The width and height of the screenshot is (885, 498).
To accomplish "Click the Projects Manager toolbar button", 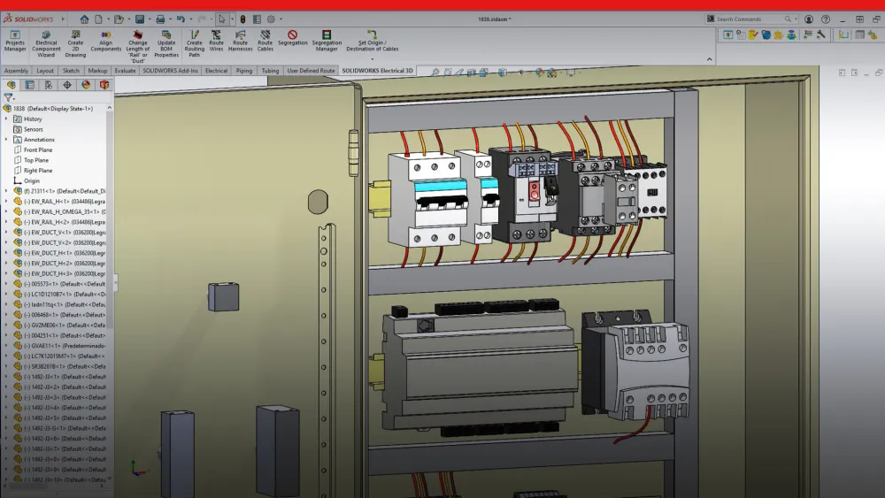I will tap(15, 40).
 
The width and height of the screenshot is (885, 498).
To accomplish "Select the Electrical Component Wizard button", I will tap(46, 40).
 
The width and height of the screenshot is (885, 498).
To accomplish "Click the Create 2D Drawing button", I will tap(75, 40).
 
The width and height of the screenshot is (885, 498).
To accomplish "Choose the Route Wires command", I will tap(216, 40).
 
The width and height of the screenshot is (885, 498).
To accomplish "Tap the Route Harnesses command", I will tap(240, 40).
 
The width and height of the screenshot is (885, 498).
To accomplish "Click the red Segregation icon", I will tap(292, 35).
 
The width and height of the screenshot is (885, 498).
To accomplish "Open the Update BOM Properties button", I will tap(166, 40).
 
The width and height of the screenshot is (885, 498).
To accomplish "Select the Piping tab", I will tap(244, 71).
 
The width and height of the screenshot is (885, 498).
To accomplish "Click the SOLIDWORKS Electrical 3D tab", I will tap(378, 71).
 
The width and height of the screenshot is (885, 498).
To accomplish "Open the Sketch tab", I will tap(71, 71).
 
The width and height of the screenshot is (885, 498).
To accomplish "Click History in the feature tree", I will tap(33, 119).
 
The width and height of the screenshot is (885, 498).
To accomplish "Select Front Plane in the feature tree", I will tap(38, 149).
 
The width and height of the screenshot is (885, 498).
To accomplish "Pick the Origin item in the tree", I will tap(32, 180).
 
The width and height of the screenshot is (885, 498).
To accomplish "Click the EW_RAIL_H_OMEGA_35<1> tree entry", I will tap(62, 211).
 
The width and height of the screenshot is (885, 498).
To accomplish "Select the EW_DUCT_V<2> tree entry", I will tap(62, 242).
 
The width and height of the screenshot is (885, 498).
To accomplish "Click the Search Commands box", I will tap(750, 19).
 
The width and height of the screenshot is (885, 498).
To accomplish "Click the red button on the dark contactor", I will tap(534, 188).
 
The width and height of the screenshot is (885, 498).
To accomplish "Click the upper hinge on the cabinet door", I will tap(353, 141).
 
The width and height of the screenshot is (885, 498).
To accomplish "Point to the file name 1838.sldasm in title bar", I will tap(495, 19).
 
